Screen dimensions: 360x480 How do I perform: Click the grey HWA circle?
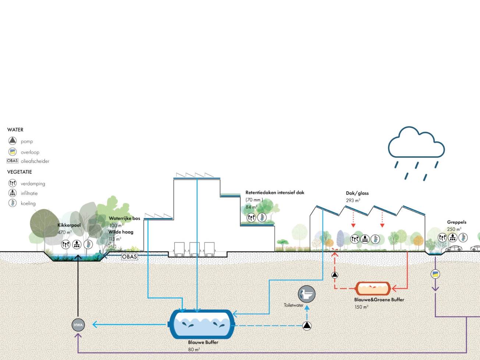(78, 325)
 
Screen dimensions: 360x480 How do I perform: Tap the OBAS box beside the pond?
(129, 257)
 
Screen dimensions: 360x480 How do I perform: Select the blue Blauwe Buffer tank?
(202, 324)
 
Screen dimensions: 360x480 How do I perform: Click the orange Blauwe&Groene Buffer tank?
(373, 289)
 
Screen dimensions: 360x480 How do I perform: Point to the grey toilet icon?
(306, 294)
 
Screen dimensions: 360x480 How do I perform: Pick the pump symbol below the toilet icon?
(307, 325)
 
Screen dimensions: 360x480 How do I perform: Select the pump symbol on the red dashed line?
(335, 275)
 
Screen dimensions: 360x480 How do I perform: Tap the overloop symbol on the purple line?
(435, 274)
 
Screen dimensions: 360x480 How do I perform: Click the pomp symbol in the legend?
(13, 141)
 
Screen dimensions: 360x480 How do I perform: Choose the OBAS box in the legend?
(13, 161)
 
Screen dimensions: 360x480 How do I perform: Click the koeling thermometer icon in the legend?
(13, 203)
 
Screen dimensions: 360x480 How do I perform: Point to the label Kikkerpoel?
(69, 225)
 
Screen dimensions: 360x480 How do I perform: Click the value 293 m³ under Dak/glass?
(353, 200)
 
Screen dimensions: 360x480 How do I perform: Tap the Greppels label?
(456, 222)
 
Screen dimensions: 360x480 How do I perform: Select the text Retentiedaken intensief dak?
(275, 192)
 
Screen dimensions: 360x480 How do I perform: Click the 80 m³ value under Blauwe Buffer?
(194, 349)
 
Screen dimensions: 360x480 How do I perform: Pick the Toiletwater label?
(294, 305)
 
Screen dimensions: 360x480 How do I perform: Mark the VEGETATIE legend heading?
(19, 172)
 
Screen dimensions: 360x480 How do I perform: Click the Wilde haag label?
(121, 232)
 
